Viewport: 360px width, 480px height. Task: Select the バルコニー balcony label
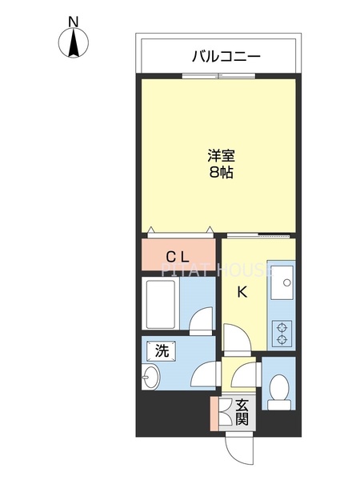[x=226, y=57]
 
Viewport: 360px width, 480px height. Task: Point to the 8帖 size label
[x=222, y=172]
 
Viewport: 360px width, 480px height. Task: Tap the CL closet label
[x=177, y=257]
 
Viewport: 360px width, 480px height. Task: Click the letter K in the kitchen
[x=242, y=292]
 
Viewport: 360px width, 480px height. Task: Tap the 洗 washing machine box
[x=162, y=350]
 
